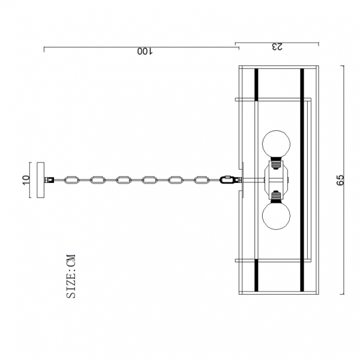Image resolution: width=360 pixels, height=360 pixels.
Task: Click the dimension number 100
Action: coord(145,52)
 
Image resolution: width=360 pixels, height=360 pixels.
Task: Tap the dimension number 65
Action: coord(340,180)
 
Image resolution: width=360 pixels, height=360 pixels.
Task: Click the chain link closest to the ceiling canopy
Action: coord(72,179)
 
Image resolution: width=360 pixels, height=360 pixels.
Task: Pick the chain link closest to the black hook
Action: coord(202,179)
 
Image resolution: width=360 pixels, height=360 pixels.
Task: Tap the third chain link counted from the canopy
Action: coord(124,179)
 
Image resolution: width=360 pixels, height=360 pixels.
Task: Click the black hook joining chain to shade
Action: coord(227,179)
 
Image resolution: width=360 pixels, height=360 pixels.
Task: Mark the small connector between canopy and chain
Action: coord(52,179)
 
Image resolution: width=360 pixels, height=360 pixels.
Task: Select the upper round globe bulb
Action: coord(276,144)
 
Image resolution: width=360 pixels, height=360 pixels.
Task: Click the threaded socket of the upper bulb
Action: coord(276,161)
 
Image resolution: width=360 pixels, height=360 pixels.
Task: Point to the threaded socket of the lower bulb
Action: coord(276,196)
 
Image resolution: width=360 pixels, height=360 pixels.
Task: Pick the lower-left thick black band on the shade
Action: coord(256,277)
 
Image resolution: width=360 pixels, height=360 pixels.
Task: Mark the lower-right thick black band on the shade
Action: coord(302,277)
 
